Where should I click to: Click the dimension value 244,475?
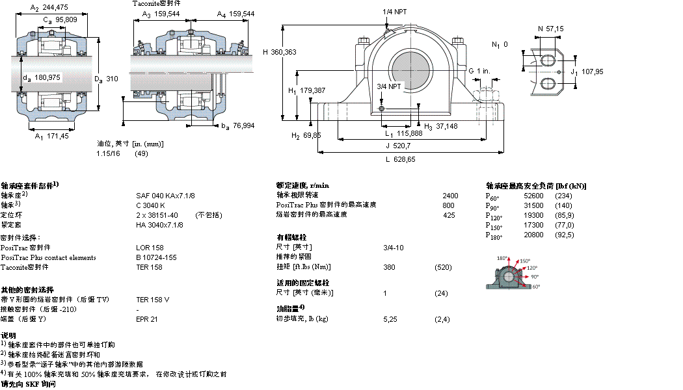tap(55, 7)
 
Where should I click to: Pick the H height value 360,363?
tap(285, 52)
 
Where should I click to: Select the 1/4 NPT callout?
tap(397, 12)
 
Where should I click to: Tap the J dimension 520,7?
tap(403, 146)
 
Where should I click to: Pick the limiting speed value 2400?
tap(450, 195)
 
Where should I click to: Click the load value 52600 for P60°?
tap(534, 195)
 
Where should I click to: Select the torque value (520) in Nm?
tap(443, 267)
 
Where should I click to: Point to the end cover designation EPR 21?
tap(146, 319)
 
